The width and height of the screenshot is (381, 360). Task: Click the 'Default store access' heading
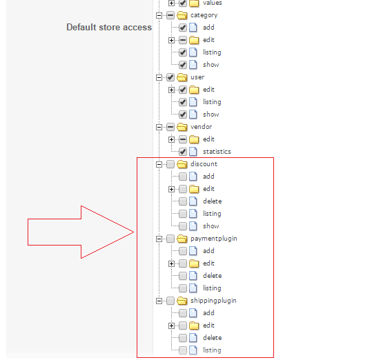(109, 27)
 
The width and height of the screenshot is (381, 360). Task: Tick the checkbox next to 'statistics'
(183, 152)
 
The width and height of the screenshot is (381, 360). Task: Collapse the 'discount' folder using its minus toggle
(159, 164)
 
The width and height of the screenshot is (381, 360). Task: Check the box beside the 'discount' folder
(170, 164)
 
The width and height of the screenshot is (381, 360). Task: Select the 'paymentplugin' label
(214, 239)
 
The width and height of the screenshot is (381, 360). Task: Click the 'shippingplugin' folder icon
(182, 301)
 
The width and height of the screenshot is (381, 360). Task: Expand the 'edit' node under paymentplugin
(171, 263)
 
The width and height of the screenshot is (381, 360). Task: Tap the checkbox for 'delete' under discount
(183, 201)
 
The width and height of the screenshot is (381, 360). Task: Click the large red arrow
(81, 232)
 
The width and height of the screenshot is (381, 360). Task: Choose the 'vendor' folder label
(201, 127)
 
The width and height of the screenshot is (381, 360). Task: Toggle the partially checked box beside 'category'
(170, 15)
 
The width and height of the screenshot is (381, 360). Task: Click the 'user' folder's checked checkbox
(170, 77)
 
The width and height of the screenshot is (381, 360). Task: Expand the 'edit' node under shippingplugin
(171, 326)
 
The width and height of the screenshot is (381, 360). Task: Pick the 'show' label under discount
(211, 226)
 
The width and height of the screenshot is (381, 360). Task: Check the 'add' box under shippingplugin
(183, 313)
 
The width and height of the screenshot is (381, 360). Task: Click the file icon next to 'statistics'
(193, 152)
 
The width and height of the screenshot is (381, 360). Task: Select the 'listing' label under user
(212, 102)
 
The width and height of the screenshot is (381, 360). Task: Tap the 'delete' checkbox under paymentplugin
(183, 276)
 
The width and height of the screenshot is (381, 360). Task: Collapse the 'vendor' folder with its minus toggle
(159, 127)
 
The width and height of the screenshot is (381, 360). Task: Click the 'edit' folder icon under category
(194, 40)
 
